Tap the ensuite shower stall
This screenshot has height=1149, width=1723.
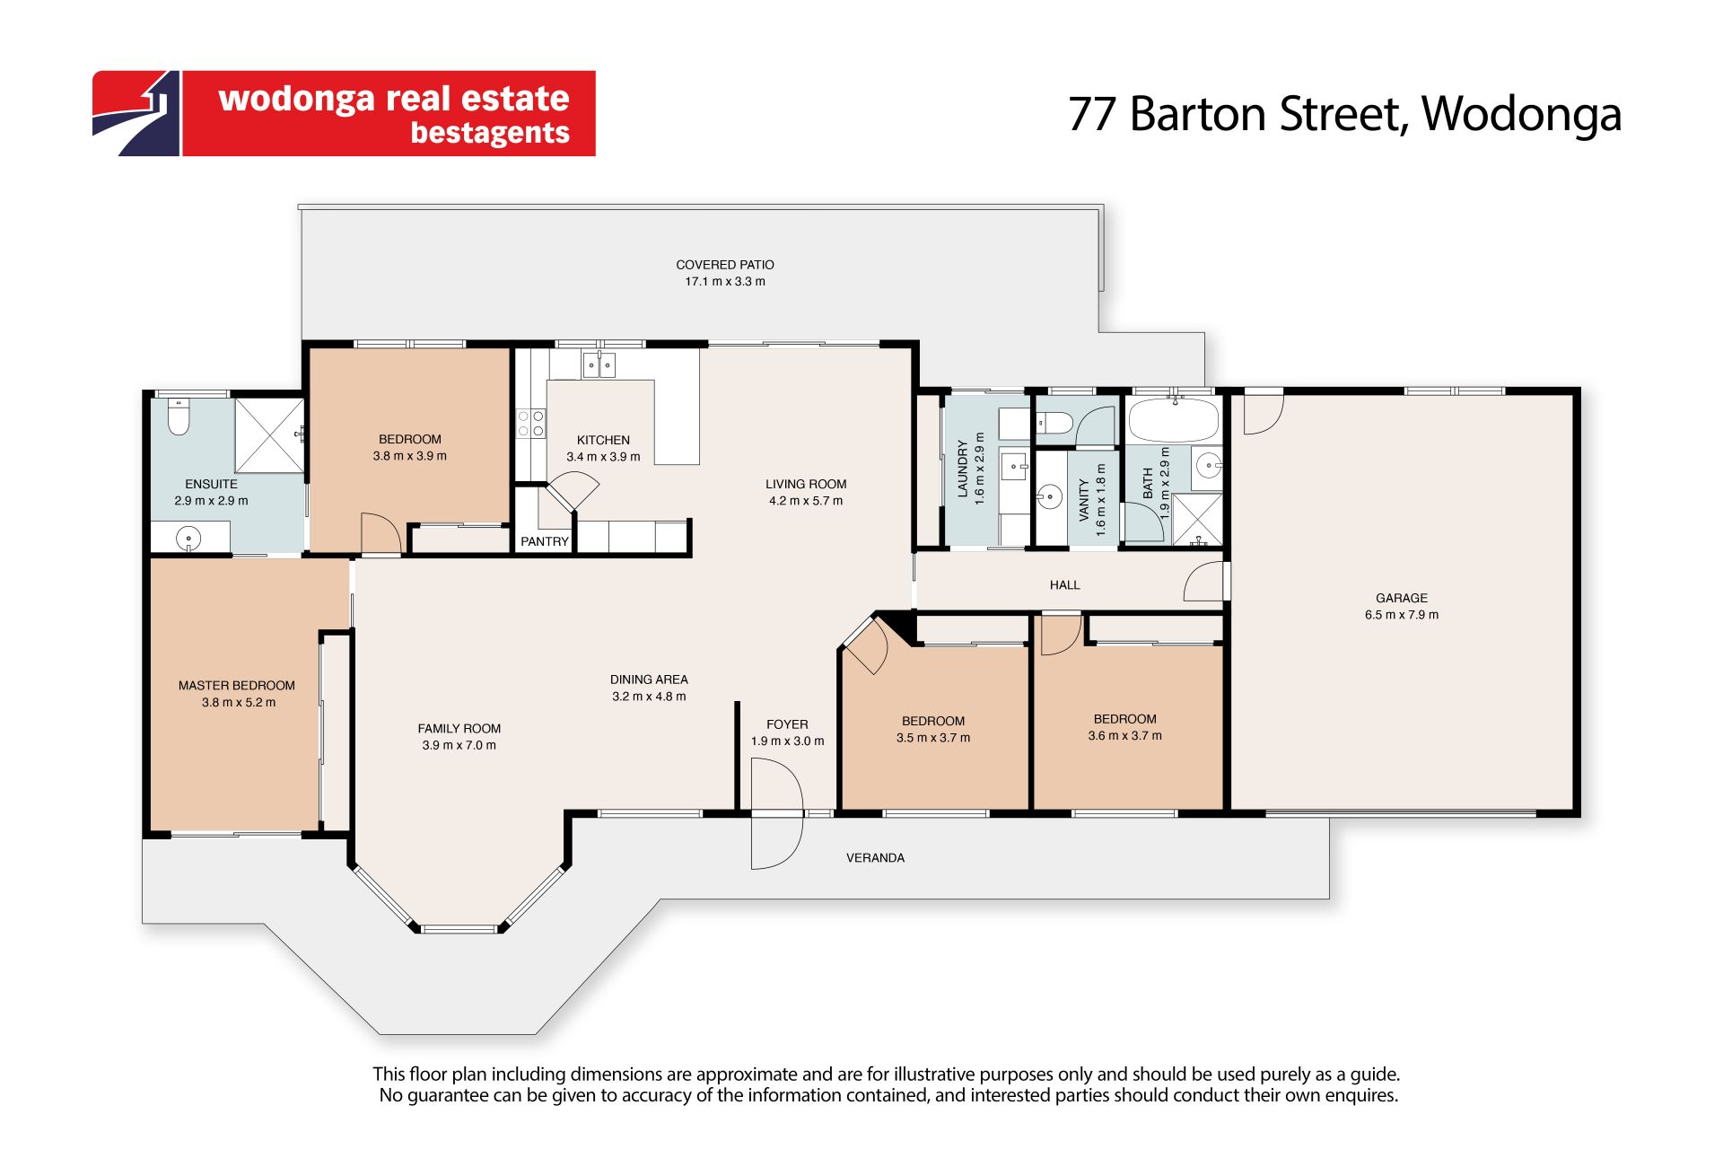point(269,435)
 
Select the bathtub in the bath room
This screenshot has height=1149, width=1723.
point(1173,420)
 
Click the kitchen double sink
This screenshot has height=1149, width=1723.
point(599,364)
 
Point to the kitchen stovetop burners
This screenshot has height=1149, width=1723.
point(531,424)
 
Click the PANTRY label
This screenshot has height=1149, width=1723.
point(545,541)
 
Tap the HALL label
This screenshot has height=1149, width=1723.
point(1065,584)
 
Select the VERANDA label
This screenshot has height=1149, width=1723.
point(875,857)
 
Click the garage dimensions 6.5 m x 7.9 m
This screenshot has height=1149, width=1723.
point(1402,615)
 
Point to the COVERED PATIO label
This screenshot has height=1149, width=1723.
point(725,265)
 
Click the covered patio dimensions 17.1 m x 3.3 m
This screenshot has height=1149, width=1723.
point(725,281)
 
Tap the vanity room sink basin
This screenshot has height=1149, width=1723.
point(1049,495)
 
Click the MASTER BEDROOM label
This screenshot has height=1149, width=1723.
point(237,685)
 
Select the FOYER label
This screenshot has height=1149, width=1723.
point(787,724)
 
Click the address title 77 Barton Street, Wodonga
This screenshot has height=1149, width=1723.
point(1344,114)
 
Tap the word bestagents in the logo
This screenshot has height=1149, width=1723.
point(490,133)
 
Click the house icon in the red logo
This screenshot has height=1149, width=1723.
point(137,113)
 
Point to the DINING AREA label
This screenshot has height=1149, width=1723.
point(649,680)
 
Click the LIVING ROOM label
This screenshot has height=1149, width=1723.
point(806,484)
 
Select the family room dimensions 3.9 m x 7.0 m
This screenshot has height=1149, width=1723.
point(459,745)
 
